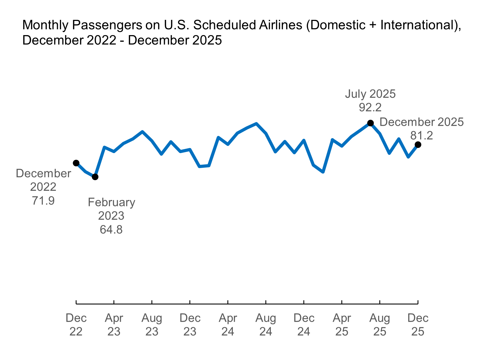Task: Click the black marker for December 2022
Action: pyautogui.click(x=76, y=163)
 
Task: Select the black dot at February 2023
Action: pyautogui.click(x=95, y=177)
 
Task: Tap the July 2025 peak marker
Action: pyautogui.click(x=371, y=123)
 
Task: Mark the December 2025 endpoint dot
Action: pyautogui.click(x=418, y=144)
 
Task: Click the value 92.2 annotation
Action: pyautogui.click(x=370, y=108)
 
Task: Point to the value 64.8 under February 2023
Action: pyautogui.click(x=111, y=230)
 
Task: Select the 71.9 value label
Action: pyautogui.click(x=43, y=201)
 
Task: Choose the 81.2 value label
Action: pyautogui.click(x=422, y=136)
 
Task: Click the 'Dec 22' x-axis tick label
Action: pyautogui.click(x=76, y=325)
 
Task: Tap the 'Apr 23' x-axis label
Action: pyautogui.click(x=114, y=325)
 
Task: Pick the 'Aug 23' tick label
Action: pyautogui.click(x=152, y=325)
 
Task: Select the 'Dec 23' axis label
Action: pyautogui.click(x=190, y=325)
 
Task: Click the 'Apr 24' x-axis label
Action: pyautogui.click(x=228, y=325)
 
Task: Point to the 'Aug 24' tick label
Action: pyautogui.click(x=266, y=325)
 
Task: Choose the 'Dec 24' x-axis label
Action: pyautogui.click(x=304, y=325)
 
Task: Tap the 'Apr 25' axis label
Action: pyautogui.click(x=342, y=325)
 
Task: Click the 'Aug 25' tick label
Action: pyautogui.click(x=380, y=325)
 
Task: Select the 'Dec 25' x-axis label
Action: pyautogui.click(x=418, y=325)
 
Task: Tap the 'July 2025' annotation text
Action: pyautogui.click(x=370, y=94)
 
